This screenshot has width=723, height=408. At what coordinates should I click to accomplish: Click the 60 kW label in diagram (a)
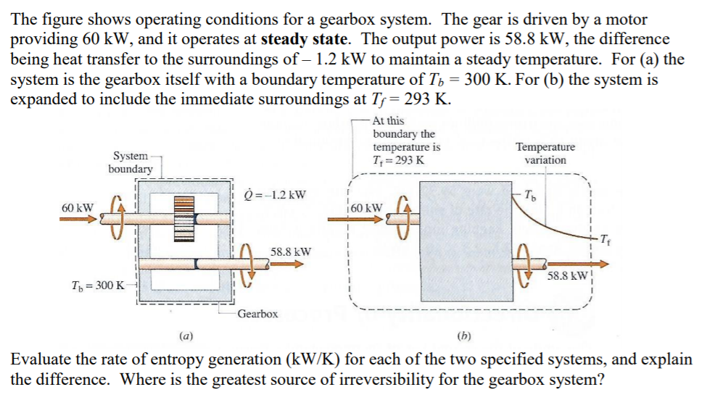click(78, 207)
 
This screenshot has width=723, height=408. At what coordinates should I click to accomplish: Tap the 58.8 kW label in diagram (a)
click(291, 251)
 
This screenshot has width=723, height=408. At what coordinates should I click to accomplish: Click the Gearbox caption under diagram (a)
click(257, 314)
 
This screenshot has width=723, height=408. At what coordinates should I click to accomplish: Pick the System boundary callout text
click(131, 162)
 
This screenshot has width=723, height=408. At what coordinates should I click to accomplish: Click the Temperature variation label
click(545, 153)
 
